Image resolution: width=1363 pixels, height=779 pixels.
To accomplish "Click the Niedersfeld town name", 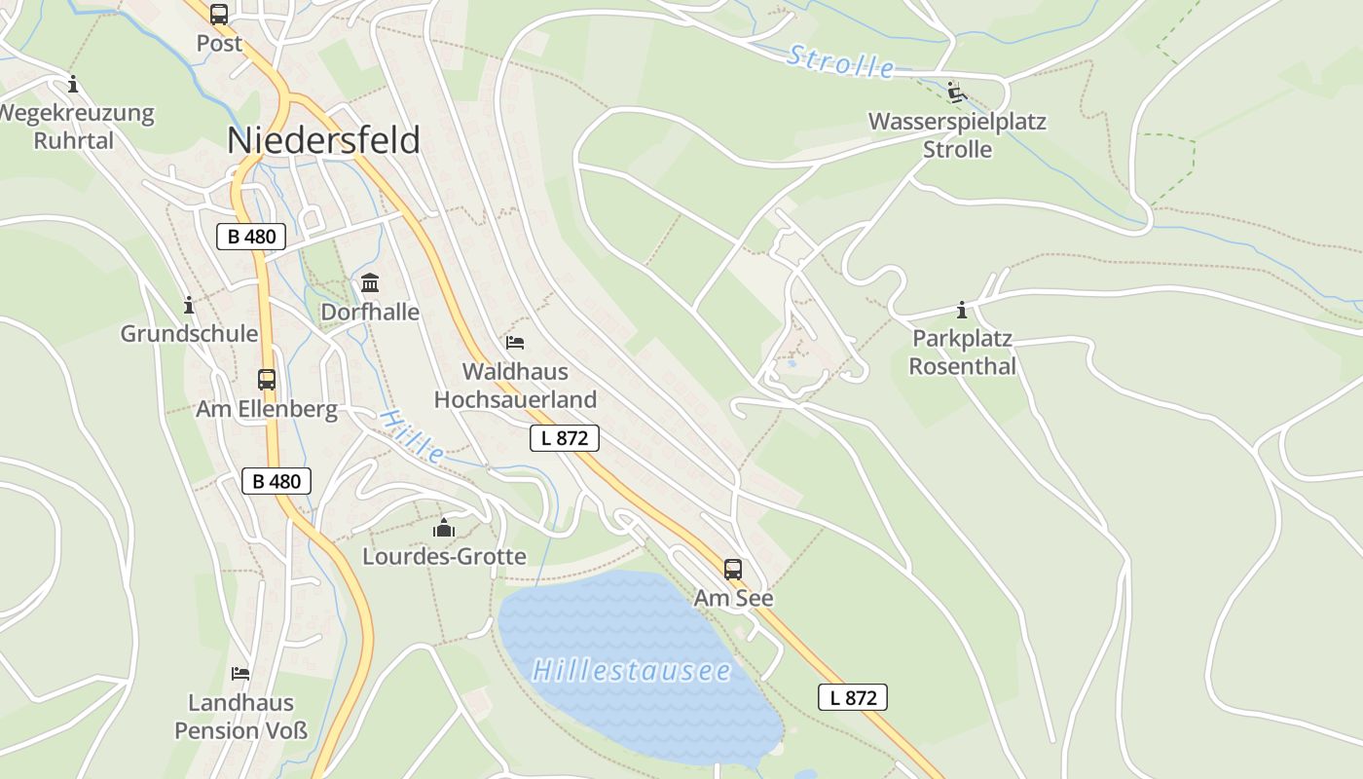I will click(323, 140).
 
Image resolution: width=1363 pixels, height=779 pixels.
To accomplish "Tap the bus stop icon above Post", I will click(219, 15).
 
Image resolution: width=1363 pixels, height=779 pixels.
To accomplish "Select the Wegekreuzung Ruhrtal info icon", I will click(73, 84).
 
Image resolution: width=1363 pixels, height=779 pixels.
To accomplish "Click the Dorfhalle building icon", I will click(370, 283).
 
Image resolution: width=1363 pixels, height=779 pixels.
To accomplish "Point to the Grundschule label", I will click(189, 333).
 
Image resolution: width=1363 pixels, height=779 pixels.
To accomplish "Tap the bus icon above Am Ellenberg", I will click(267, 380).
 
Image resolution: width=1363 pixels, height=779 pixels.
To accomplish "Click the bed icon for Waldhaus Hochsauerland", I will click(515, 342).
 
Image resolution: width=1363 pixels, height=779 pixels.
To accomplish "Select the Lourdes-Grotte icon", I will click(444, 528).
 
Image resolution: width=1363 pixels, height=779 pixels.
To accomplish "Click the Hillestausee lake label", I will click(632, 671).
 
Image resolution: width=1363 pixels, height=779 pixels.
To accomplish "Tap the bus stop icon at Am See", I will click(733, 570).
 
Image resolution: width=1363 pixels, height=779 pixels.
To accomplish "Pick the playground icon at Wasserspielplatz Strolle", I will click(957, 93).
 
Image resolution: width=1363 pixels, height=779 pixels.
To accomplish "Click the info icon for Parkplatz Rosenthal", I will click(962, 311).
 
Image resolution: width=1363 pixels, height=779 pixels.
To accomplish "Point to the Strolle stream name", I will click(840, 61).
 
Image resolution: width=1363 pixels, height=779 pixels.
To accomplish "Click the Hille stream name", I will click(412, 435).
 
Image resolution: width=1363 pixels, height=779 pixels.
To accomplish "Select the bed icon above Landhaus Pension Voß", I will click(240, 673).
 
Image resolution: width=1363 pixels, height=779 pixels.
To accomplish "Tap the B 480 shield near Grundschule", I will click(251, 237).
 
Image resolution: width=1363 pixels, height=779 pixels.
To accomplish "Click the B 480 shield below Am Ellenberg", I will click(276, 481).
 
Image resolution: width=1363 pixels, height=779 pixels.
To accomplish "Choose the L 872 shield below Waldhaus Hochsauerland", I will click(565, 438).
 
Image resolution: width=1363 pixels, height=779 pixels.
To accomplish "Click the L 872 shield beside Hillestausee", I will click(853, 697).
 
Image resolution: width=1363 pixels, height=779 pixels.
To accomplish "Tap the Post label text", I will click(219, 43).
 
